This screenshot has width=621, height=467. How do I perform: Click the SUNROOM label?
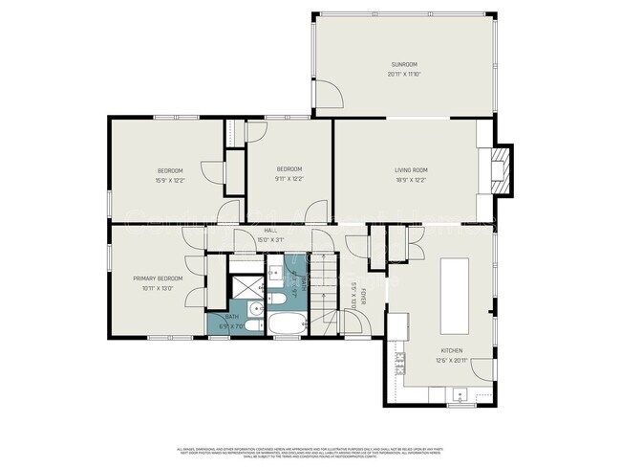tap(404, 65)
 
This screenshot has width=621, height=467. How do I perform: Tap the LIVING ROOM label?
tap(412, 169)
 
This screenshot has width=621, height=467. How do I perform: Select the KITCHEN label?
tap(452, 350)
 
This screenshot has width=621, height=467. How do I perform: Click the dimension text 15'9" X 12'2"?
tap(170, 179)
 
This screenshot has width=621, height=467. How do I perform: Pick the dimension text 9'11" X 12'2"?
tap(289, 179)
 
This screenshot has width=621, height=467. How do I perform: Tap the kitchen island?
tap(453, 291)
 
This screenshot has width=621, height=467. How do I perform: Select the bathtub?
tap(285, 325)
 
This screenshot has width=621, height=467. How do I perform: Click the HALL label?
tap(270, 232)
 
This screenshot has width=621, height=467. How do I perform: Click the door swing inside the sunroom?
tap(330, 94)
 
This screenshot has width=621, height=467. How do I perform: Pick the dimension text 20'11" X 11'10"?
tap(404, 75)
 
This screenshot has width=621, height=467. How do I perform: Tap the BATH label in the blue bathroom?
tap(232, 317)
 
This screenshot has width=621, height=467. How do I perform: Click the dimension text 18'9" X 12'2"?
tap(412, 179)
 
